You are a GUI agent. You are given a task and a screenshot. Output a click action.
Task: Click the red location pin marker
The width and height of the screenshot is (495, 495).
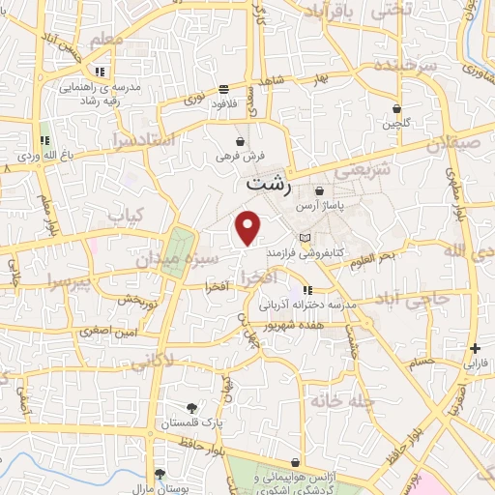click(248, 227)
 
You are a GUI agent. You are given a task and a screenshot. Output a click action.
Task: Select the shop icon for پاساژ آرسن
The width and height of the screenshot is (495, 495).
click(320, 191)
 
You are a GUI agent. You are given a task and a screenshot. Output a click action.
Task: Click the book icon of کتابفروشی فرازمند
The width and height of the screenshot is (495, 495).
click(306, 238)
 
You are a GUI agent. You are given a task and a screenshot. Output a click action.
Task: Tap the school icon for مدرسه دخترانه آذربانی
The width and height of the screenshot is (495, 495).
click(306, 289)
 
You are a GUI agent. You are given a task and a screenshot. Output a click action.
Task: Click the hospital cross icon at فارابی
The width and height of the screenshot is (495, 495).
click(474, 348)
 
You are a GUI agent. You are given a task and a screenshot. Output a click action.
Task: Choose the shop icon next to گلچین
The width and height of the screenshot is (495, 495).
click(396, 109)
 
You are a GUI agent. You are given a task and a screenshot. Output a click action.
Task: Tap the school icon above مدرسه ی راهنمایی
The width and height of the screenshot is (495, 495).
click(100, 72)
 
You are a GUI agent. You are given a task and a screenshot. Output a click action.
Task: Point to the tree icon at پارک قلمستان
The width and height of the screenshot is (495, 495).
click(191, 407)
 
